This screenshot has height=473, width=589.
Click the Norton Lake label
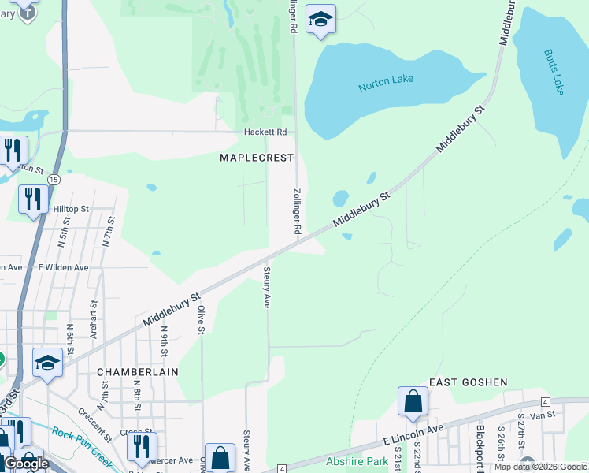(x=386, y=83)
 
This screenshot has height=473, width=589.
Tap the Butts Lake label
(x=554, y=73)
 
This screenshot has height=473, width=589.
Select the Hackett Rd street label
(x=264, y=132)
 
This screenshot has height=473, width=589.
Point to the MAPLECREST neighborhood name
(x=256, y=158)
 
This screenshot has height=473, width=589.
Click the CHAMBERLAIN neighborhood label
(x=137, y=371)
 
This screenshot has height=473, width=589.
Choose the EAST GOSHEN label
(x=468, y=382)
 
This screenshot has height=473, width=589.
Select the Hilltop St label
(x=72, y=209)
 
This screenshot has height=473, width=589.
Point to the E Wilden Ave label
(x=63, y=268)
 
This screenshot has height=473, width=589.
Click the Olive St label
(x=202, y=319)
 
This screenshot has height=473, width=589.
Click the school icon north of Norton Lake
(x=320, y=19)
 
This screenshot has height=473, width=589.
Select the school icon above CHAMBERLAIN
(x=47, y=363)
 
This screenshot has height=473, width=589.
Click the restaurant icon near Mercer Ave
(x=142, y=446)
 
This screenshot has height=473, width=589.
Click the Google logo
(x=26, y=464)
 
